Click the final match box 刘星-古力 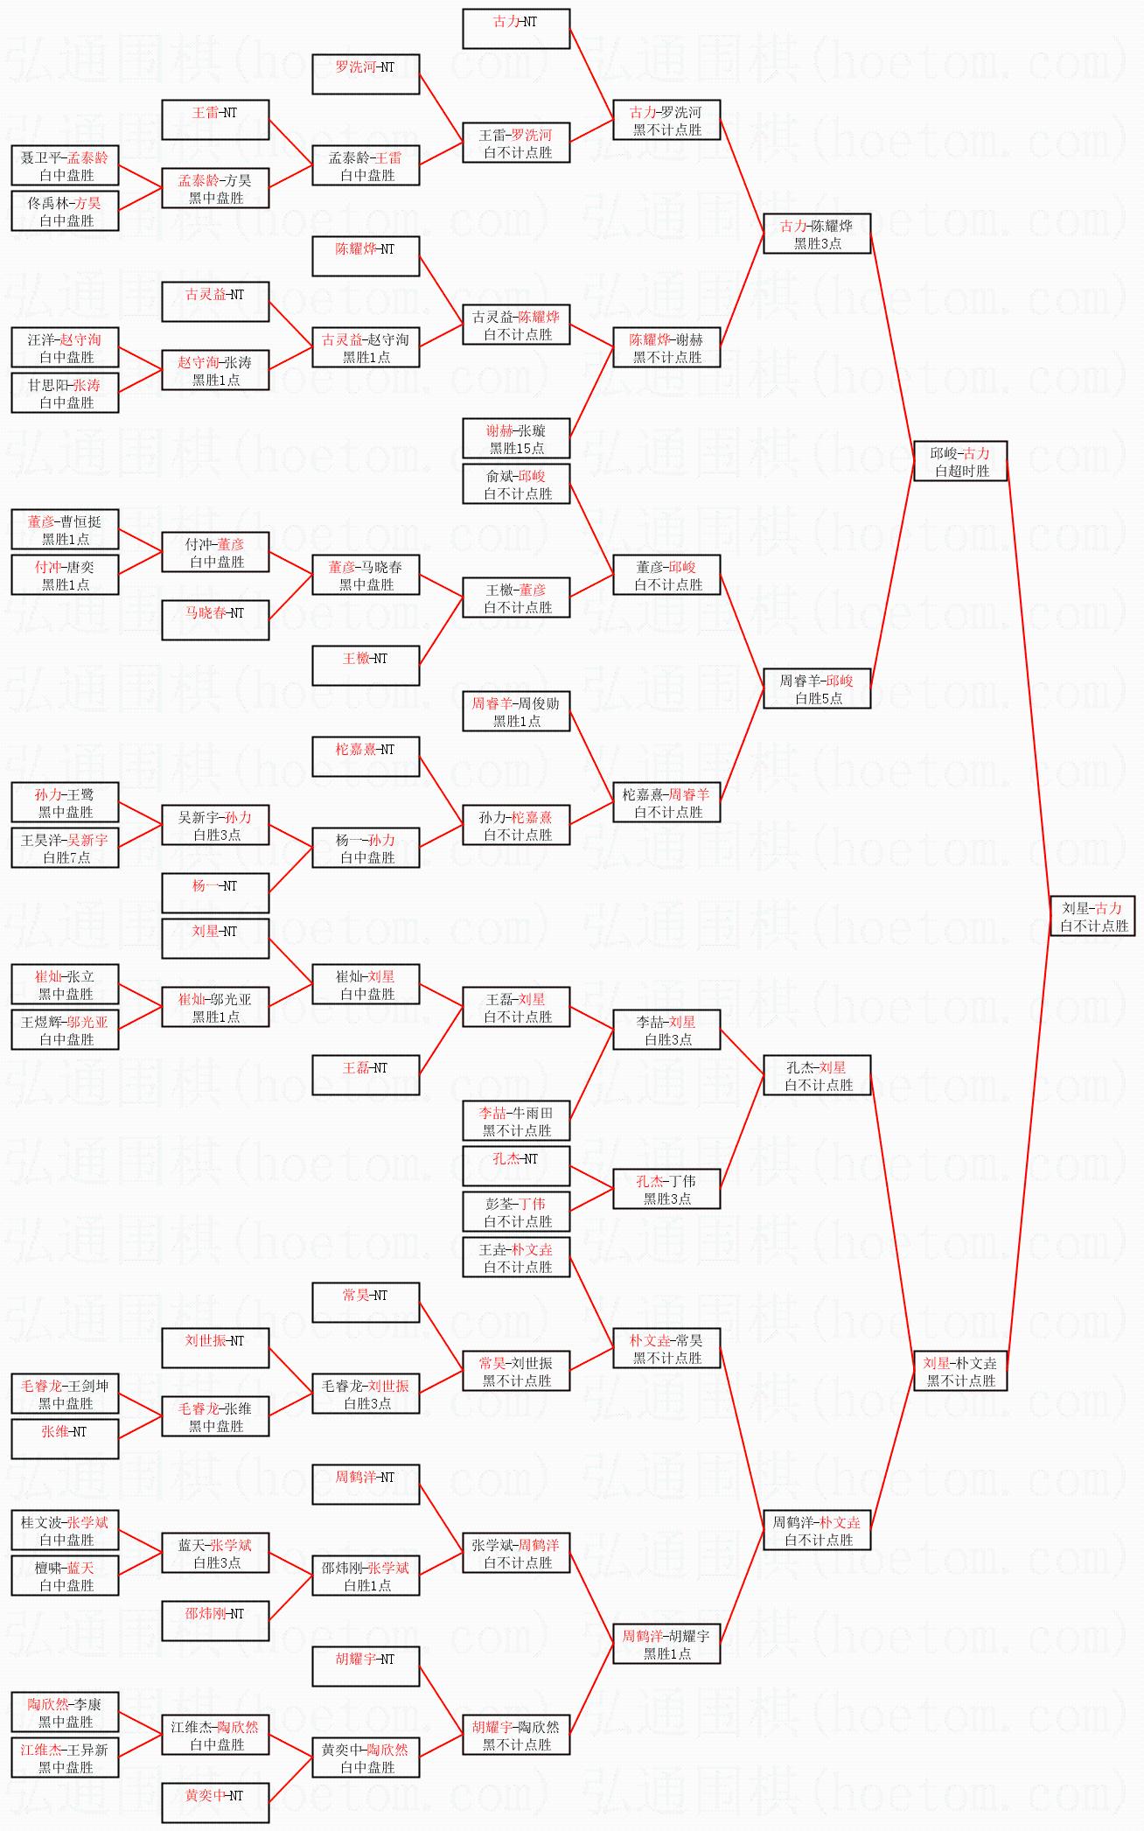1092,915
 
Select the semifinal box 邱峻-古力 959,461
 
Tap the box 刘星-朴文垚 959,1371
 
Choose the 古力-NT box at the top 516,29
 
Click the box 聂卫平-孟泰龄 65,165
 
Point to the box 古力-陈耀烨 817,234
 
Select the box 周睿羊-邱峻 817,688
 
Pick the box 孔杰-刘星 817,1075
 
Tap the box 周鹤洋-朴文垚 817,1530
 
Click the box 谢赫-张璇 516,438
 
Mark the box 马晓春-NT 215,620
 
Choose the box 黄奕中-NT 215,1803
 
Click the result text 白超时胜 961,471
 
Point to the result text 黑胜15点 516,448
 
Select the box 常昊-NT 366,1303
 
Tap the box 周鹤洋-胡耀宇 666,1644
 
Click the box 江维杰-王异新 65,1758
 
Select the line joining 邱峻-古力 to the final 1029,688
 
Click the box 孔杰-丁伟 666,1189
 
